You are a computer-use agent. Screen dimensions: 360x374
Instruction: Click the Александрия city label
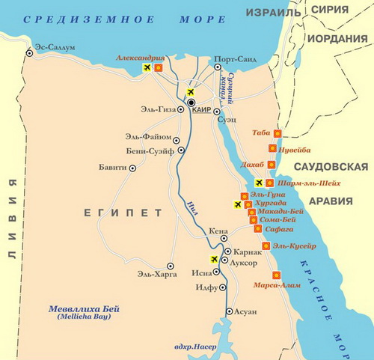pos(141,58)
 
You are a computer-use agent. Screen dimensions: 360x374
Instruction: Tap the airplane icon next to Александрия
pos(147,68)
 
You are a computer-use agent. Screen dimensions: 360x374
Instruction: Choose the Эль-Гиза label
pos(157,110)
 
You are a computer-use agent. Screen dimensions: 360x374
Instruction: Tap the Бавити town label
pos(113,168)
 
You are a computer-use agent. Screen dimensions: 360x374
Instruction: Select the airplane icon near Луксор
pos(215,259)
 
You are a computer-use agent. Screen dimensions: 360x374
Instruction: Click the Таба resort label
pos(261,132)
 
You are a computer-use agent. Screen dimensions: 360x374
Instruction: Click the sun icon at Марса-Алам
pos(277,275)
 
